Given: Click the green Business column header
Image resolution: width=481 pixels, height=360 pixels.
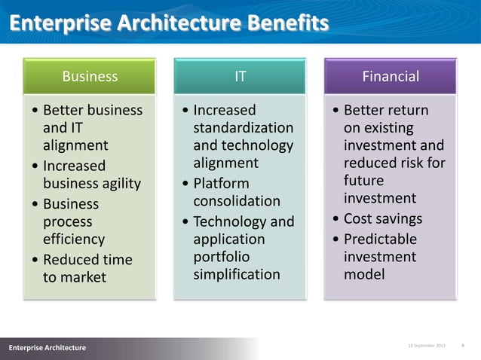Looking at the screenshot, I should [x=90, y=76].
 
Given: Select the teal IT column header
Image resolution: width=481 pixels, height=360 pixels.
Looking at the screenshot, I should [x=240, y=76].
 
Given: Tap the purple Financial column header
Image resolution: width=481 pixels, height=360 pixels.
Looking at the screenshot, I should [x=390, y=76].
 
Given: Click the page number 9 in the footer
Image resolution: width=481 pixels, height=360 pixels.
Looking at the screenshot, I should [x=461, y=345].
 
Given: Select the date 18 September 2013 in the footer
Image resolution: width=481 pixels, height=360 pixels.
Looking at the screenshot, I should [x=427, y=345].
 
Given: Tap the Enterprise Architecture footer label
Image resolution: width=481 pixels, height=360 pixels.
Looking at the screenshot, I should [x=47, y=347].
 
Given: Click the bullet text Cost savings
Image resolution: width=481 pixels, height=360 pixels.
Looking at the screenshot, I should [x=383, y=219].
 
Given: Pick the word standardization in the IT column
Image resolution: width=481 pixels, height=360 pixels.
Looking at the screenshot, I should [x=243, y=127].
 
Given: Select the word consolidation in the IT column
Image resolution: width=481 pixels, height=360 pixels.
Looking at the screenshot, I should [x=236, y=201].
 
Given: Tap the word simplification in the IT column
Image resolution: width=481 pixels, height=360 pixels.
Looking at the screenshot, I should [x=236, y=274].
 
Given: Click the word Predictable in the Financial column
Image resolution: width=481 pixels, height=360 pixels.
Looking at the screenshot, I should [x=380, y=239].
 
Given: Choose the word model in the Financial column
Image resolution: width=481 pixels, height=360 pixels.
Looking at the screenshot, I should [x=363, y=274].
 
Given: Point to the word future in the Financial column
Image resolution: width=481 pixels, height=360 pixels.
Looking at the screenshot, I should [x=364, y=181].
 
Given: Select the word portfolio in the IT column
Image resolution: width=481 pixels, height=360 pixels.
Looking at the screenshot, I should [x=221, y=256].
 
